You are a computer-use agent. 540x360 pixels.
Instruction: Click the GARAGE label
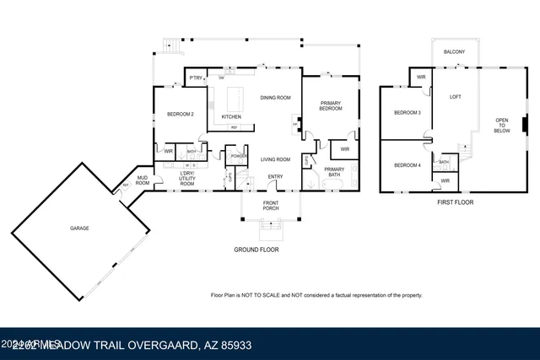tap(79, 228)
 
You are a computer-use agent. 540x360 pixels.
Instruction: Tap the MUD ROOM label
tap(143, 180)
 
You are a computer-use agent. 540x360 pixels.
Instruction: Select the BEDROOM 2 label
tap(181, 114)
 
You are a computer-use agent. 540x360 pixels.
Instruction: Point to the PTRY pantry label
tap(195, 78)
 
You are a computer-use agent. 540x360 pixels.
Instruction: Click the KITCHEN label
tap(231, 116)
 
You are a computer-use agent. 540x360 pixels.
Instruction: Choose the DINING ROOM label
tap(275, 98)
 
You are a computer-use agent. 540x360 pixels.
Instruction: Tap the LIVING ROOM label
tap(275, 159)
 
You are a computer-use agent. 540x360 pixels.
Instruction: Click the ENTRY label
tap(275, 176)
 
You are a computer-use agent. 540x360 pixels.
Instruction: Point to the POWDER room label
tap(238, 156)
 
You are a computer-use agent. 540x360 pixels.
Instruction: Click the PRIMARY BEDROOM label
tap(330, 105)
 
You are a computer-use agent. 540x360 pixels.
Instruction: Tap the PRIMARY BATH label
tap(333, 173)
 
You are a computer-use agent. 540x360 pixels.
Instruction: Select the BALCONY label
tap(456, 51)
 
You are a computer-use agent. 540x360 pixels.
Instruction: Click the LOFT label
tap(456, 96)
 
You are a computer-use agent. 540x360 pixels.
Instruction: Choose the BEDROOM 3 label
tap(408, 112)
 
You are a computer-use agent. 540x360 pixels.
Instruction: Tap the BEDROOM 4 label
tap(408, 164)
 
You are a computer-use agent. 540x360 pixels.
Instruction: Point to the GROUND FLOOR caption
tap(256, 250)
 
